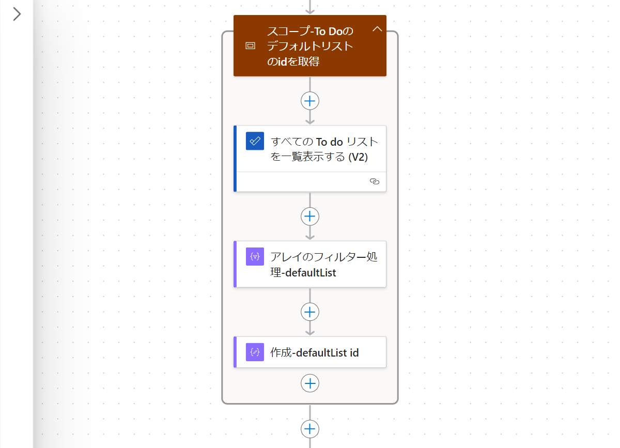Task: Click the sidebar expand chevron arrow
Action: click(x=17, y=14)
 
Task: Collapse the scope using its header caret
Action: click(x=377, y=29)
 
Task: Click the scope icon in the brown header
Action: click(x=250, y=46)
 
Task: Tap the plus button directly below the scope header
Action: click(x=310, y=101)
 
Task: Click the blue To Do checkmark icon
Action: click(x=255, y=141)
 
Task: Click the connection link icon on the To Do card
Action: click(x=375, y=181)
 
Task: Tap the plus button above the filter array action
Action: click(x=310, y=216)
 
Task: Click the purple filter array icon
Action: click(x=255, y=256)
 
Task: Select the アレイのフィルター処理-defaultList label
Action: click(x=324, y=264)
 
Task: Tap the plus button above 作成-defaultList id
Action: click(x=310, y=312)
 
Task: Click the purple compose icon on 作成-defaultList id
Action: click(x=255, y=352)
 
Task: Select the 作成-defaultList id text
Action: click(x=315, y=353)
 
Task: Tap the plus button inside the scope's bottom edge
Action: click(x=310, y=383)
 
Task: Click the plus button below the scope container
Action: click(x=310, y=429)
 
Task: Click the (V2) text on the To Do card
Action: click(x=358, y=158)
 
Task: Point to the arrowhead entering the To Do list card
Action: click(x=310, y=121)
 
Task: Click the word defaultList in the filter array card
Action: click(x=311, y=272)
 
